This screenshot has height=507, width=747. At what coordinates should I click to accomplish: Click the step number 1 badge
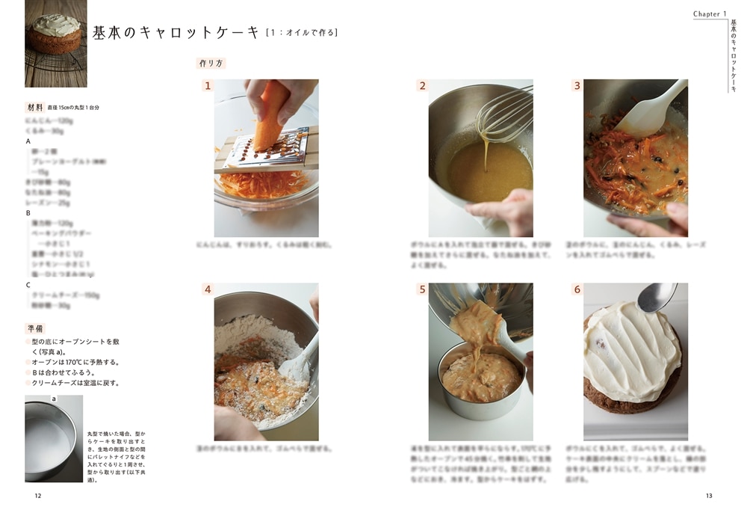click(x=208, y=86)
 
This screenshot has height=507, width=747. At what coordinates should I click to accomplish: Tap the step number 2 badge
click(x=422, y=86)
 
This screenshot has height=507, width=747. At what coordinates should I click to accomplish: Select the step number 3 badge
click(x=577, y=86)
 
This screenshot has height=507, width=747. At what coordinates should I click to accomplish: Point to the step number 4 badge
click(x=208, y=289)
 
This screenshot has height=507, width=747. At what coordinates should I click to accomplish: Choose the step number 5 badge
click(x=422, y=289)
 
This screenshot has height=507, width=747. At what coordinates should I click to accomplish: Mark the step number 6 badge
click(x=577, y=289)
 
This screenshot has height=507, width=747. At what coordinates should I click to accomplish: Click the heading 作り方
click(x=211, y=64)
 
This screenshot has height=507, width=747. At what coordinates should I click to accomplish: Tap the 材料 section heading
click(x=34, y=107)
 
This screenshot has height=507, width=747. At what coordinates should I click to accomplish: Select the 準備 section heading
click(x=34, y=328)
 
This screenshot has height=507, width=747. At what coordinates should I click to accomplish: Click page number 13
click(x=709, y=495)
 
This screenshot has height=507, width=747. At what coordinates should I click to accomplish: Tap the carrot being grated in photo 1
click(x=270, y=116)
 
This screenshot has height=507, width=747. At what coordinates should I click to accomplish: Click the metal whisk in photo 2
click(x=505, y=112)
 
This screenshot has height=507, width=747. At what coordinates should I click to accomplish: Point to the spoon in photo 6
click(x=656, y=298)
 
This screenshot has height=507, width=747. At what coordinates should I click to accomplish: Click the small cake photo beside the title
click(x=56, y=43)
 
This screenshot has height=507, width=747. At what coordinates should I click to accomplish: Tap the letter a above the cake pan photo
click(x=54, y=399)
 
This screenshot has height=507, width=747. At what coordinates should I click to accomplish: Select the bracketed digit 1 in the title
click(x=274, y=33)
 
